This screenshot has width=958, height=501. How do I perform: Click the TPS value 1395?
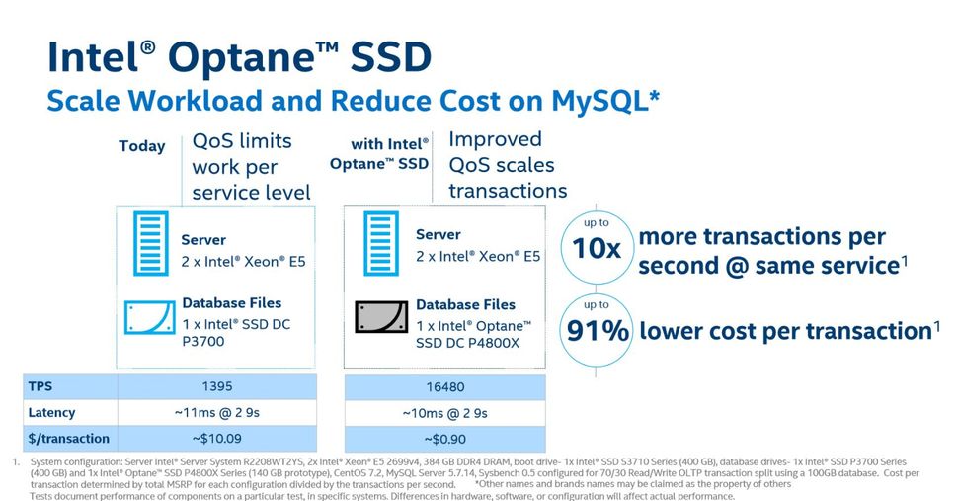216,386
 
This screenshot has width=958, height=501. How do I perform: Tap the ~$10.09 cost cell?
216,438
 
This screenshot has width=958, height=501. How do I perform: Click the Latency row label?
51,412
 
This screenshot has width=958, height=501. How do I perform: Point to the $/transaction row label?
69,438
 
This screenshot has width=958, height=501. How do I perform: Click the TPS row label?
40,386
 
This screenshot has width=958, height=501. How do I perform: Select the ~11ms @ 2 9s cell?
216,412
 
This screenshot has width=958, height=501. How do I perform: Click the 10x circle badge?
598,247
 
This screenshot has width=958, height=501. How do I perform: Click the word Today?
142,146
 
